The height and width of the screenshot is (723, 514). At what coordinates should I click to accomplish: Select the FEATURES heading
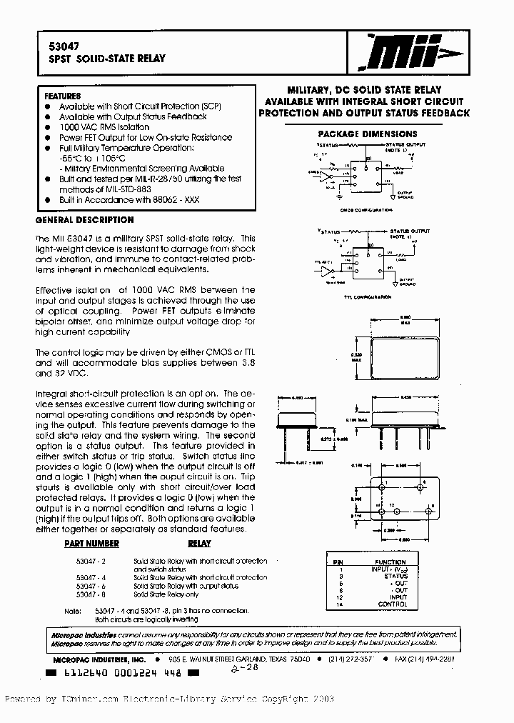point(63,96)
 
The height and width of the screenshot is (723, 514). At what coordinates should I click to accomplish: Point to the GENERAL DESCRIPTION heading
point(84,220)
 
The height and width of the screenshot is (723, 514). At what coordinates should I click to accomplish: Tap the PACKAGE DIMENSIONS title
point(368,134)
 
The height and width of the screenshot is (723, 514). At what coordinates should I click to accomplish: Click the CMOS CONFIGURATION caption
point(367,210)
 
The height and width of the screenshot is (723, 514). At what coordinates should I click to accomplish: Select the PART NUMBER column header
point(91,544)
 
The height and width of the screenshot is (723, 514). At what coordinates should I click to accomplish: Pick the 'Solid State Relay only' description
point(166,594)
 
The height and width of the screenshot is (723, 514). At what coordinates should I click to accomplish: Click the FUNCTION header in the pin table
point(390,562)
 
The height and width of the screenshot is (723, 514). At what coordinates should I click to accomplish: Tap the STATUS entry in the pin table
point(395,575)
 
